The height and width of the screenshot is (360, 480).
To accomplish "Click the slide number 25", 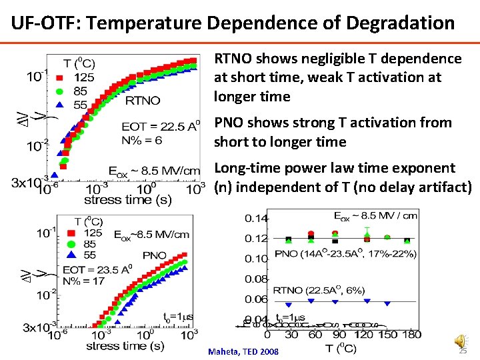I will [x=463, y=351].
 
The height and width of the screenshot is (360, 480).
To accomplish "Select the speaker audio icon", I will [x=461, y=340].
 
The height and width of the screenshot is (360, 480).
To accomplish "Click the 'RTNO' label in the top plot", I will [x=143, y=101].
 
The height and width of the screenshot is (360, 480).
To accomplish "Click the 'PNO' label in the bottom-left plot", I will [x=154, y=255].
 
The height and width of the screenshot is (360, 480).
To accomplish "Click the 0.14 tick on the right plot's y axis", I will [x=257, y=218].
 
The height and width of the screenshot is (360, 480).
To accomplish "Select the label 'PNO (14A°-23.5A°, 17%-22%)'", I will [x=345, y=254].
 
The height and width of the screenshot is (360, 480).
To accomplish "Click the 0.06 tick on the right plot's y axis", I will [x=257, y=299].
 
